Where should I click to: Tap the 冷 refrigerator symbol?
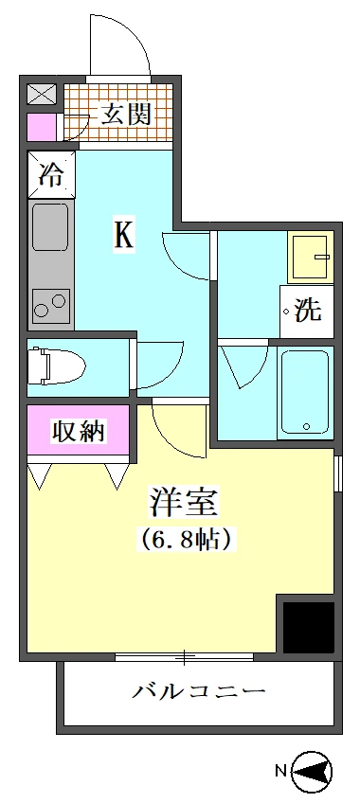click(x=49, y=174)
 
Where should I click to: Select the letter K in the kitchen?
click(x=123, y=235)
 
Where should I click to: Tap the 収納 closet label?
click(x=78, y=432)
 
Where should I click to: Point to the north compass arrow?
click(x=314, y=772)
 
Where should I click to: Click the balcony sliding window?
click(x=184, y=656)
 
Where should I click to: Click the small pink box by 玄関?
click(x=43, y=127)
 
